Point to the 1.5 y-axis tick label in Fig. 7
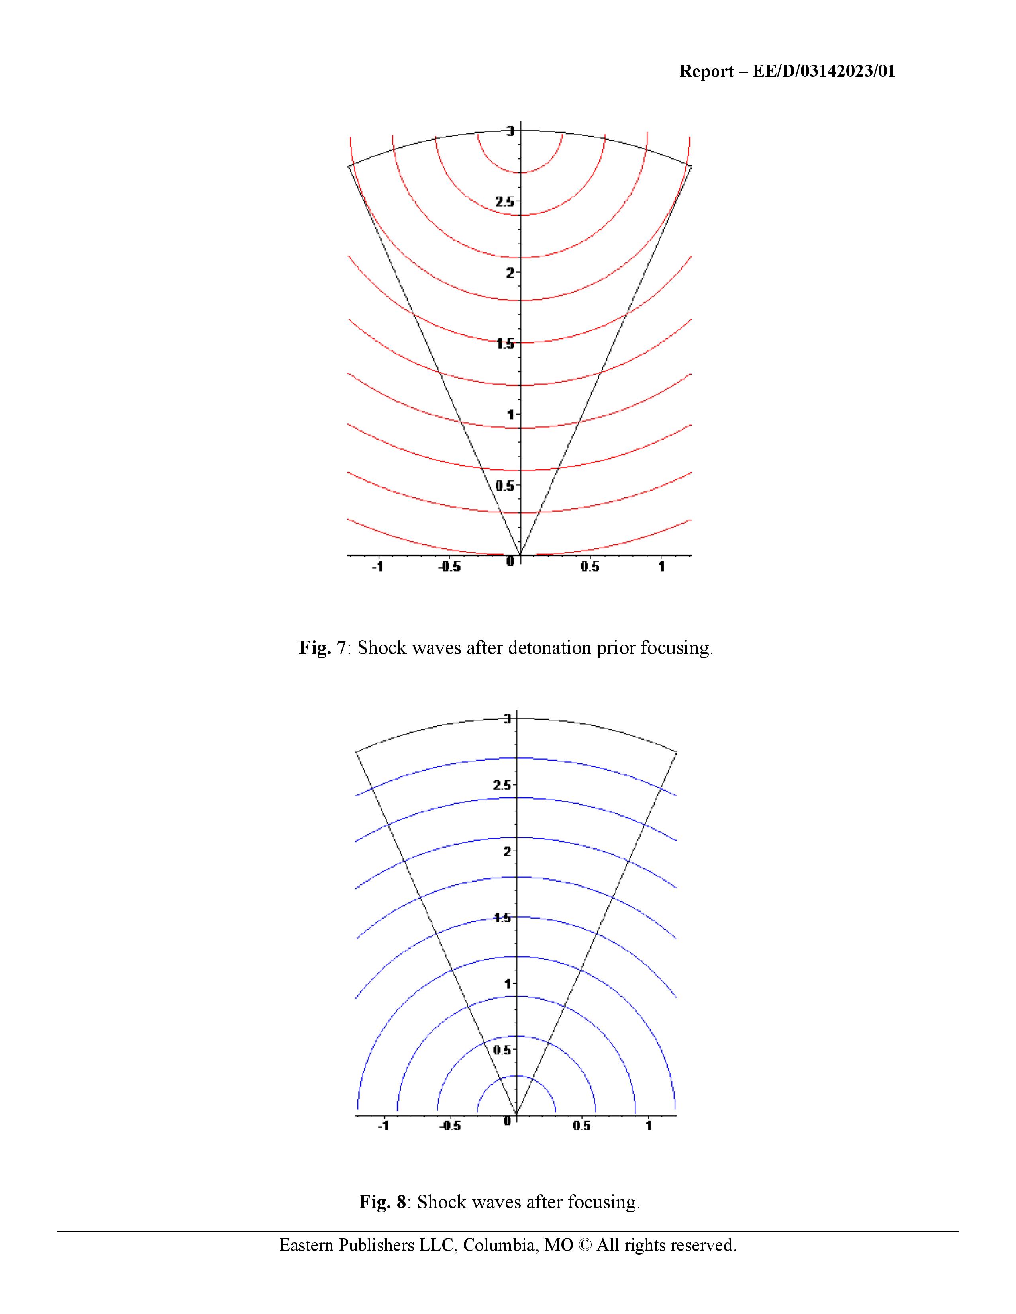coord(504,344)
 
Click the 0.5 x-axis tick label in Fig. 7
coord(590,567)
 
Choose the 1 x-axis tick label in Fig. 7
coord(661,567)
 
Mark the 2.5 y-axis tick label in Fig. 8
coord(502,785)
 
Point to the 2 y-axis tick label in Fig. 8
coord(507,851)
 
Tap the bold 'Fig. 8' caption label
coord(383,1202)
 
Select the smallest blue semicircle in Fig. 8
coord(516,1076)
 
